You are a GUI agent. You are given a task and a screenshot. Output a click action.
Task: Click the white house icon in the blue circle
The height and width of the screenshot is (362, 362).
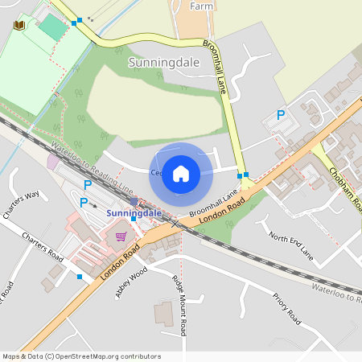click(181, 173)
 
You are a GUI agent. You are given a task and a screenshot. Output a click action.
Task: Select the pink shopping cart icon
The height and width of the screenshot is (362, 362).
click(121, 237)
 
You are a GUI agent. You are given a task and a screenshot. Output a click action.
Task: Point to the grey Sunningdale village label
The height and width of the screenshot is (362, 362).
click(158, 61)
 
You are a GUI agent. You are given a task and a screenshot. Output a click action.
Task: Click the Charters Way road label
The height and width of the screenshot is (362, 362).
click(21, 205)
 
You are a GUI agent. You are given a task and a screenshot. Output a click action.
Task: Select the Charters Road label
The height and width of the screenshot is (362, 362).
click(43, 248)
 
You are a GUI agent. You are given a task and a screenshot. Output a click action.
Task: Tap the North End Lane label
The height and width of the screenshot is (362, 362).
click(290, 245)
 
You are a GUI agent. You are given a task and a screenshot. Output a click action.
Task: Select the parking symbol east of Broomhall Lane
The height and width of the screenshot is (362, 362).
click(281, 116)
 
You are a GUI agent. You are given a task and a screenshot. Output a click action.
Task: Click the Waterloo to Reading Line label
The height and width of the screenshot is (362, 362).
click(93, 167)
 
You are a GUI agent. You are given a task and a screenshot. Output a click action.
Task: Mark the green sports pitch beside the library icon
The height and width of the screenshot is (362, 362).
click(53, 27)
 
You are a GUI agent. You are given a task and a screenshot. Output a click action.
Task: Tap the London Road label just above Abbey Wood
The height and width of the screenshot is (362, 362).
click(121, 261)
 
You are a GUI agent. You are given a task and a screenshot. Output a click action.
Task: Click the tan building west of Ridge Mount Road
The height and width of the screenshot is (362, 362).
click(163, 314)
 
